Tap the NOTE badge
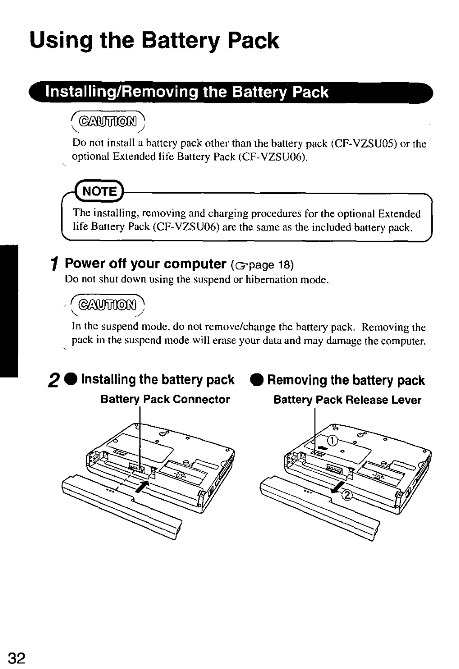(99, 191)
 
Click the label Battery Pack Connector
(165, 399)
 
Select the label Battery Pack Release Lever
(347, 400)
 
